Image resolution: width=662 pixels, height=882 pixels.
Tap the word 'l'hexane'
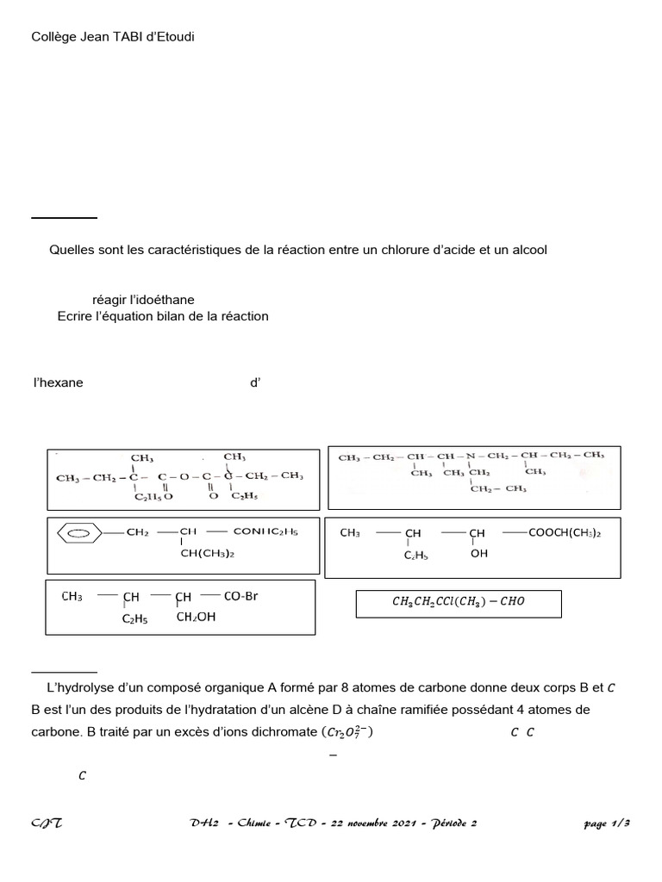[x=58, y=382]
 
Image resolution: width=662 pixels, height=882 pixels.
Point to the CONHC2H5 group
[x=265, y=532]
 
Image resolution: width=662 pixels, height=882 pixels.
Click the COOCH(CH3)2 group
[x=564, y=533]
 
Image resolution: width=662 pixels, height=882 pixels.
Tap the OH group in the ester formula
[x=479, y=554]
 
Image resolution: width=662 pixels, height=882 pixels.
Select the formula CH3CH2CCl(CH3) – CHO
[x=458, y=603]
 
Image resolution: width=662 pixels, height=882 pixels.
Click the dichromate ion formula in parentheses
[x=348, y=733]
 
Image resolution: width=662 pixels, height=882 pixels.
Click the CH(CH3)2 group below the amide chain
[x=207, y=554]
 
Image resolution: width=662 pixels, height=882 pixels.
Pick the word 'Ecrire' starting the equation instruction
[x=74, y=316]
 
